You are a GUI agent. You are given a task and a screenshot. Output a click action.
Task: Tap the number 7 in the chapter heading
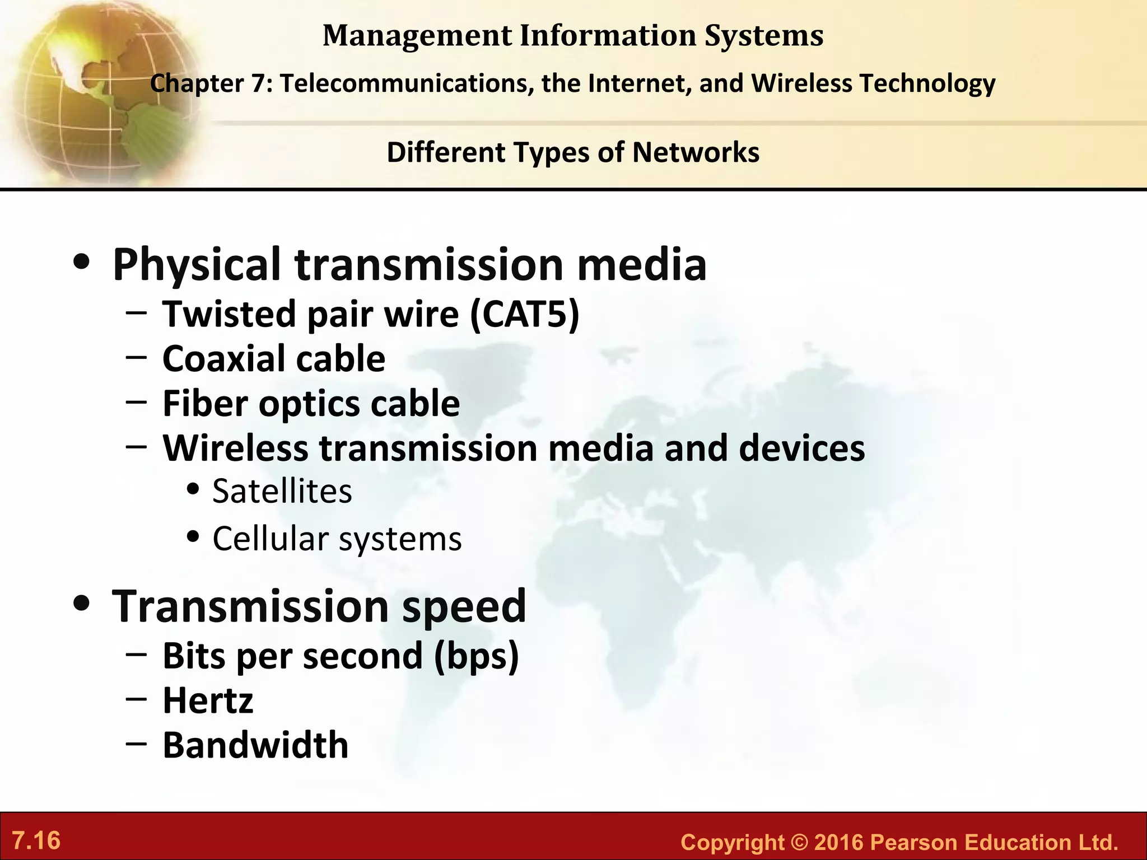pyautogui.click(x=257, y=84)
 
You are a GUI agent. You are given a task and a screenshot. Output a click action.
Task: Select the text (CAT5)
pyautogui.click(x=524, y=314)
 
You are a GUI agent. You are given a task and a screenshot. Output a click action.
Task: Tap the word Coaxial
pyautogui.click(x=223, y=359)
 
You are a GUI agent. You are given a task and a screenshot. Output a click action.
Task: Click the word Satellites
pyautogui.click(x=282, y=492)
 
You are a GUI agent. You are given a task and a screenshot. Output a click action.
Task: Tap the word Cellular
pyautogui.click(x=271, y=539)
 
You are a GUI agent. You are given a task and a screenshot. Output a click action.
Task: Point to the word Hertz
pyautogui.click(x=208, y=701)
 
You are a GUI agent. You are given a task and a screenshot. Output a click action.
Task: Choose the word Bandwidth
pyautogui.click(x=255, y=746)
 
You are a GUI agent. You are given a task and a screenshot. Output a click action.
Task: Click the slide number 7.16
pyautogui.click(x=36, y=841)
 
